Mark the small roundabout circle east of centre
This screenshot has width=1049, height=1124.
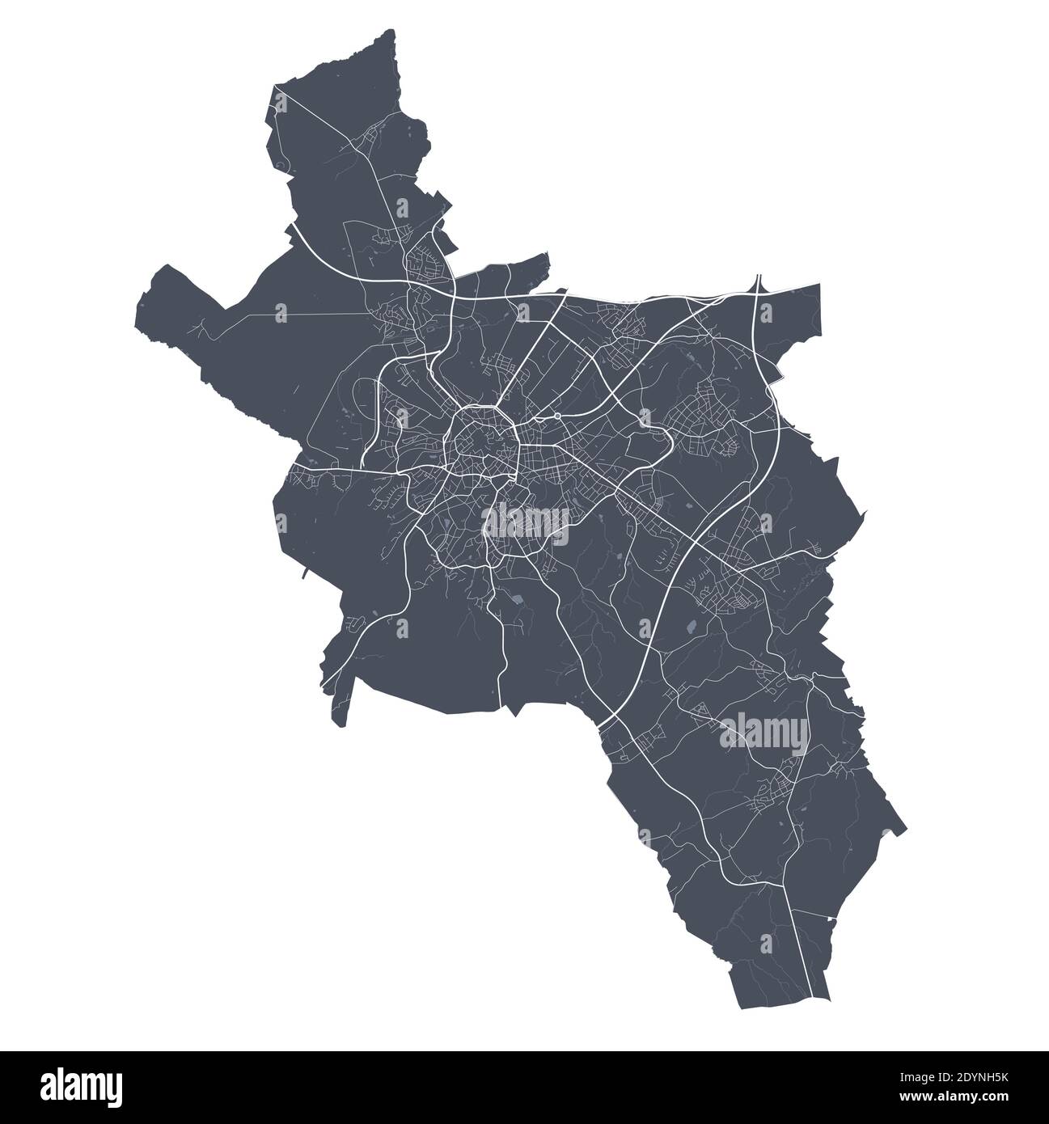point(557,416)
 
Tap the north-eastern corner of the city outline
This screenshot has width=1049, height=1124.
point(818,285)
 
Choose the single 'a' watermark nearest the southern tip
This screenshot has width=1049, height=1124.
point(766,943)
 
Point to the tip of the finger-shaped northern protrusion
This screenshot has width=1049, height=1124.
point(546,256)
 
